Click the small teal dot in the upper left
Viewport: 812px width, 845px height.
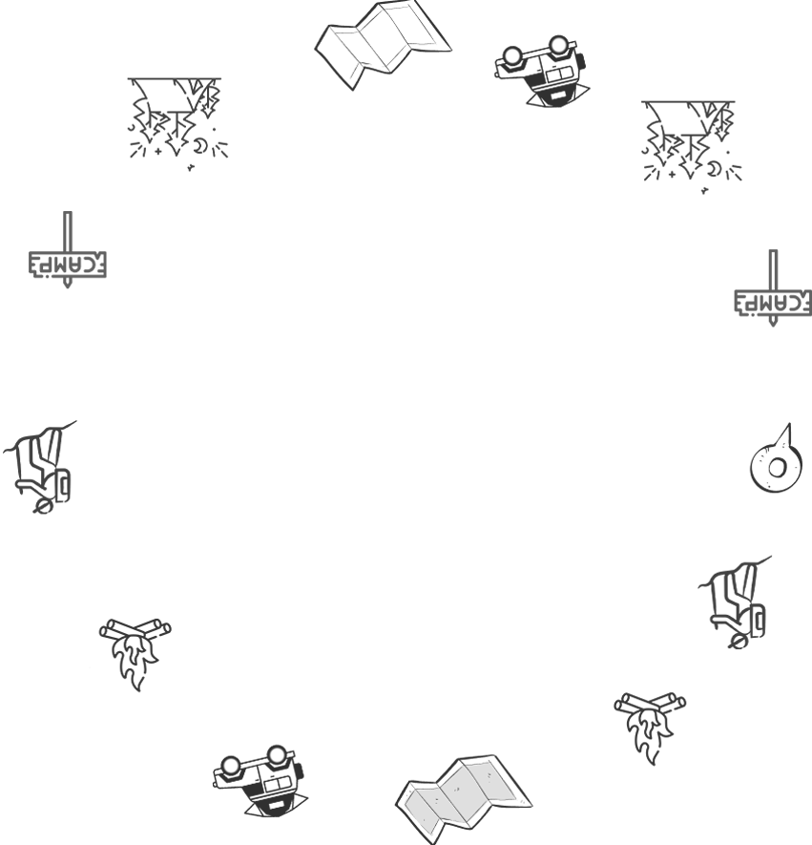click(162, 140)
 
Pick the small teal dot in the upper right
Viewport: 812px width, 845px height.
click(677, 163)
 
